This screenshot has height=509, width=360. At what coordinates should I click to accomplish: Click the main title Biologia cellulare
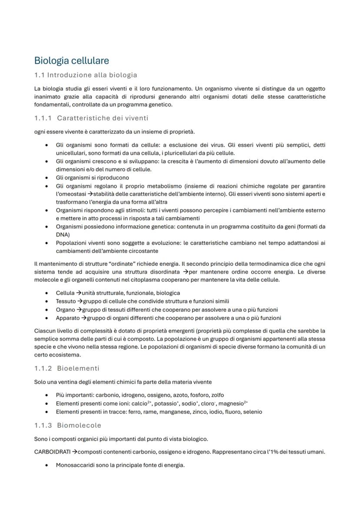[x=71, y=60]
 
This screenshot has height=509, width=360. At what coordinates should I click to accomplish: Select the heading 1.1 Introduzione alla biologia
[x=86, y=75]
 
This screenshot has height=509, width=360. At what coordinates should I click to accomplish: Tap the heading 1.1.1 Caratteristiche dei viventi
[x=91, y=118]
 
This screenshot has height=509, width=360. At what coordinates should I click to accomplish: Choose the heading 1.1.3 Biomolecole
[x=67, y=425]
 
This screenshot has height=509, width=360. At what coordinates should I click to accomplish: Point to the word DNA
[x=63, y=234]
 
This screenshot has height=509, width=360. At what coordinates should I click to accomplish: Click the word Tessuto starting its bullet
[x=66, y=301]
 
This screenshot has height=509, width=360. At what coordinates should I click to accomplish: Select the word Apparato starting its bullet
[x=68, y=318]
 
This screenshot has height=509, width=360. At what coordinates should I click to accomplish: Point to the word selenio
[x=252, y=412]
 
